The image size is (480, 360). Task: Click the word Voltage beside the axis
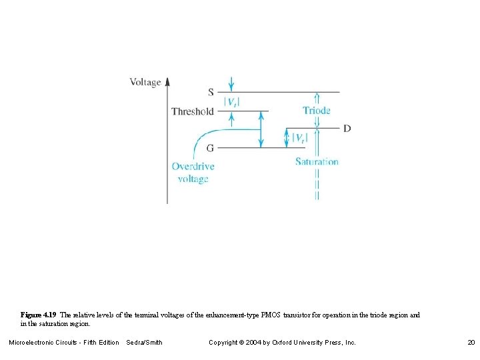pyautogui.click(x=145, y=82)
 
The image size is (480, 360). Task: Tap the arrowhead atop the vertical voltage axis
pyautogui.click(x=167, y=81)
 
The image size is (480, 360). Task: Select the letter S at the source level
pyautogui.click(x=211, y=92)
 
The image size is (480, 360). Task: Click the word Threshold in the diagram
pyautogui.click(x=193, y=111)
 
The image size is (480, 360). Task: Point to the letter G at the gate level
pyautogui.click(x=210, y=147)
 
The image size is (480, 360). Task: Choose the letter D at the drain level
pyautogui.click(x=347, y=128)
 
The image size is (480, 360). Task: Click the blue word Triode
pyautogui.click(x=316, y=110)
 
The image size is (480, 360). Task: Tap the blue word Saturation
pyautogui.click(x=317, y=161)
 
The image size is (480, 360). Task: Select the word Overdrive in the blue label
pyautogui.click(x=193, y=166)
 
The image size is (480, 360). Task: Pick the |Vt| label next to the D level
pyautogui.click(x=299, y=138)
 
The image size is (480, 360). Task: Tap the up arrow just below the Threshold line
pyautogui.click(x=231, y=119)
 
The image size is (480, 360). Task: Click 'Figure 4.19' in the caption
pyautogui.click(x=39, y=315)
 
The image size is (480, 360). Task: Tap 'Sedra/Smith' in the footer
pyautogui.click(x=144, y=342)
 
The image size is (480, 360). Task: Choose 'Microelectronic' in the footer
pyautogui.click(x=33, y=342)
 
